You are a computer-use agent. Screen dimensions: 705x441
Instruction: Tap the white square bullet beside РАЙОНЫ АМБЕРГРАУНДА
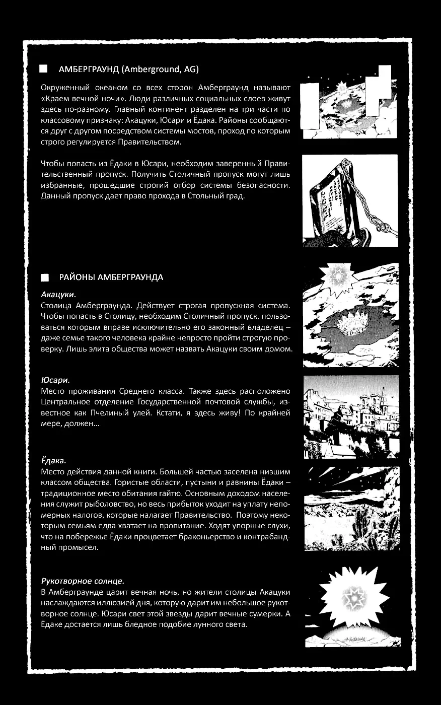[45, 277]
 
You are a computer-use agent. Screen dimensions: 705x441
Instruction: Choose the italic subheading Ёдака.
[53, 461]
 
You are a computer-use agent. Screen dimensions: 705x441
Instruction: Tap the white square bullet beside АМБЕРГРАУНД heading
[44, 69]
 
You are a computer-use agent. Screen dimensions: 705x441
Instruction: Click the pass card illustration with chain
[350, 200]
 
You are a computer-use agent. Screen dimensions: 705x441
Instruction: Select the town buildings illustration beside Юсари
[351, 416]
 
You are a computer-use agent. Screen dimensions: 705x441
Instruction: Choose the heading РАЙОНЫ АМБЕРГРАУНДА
[111, 277]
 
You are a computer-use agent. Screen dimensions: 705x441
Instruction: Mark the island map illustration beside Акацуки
[351, 315]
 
